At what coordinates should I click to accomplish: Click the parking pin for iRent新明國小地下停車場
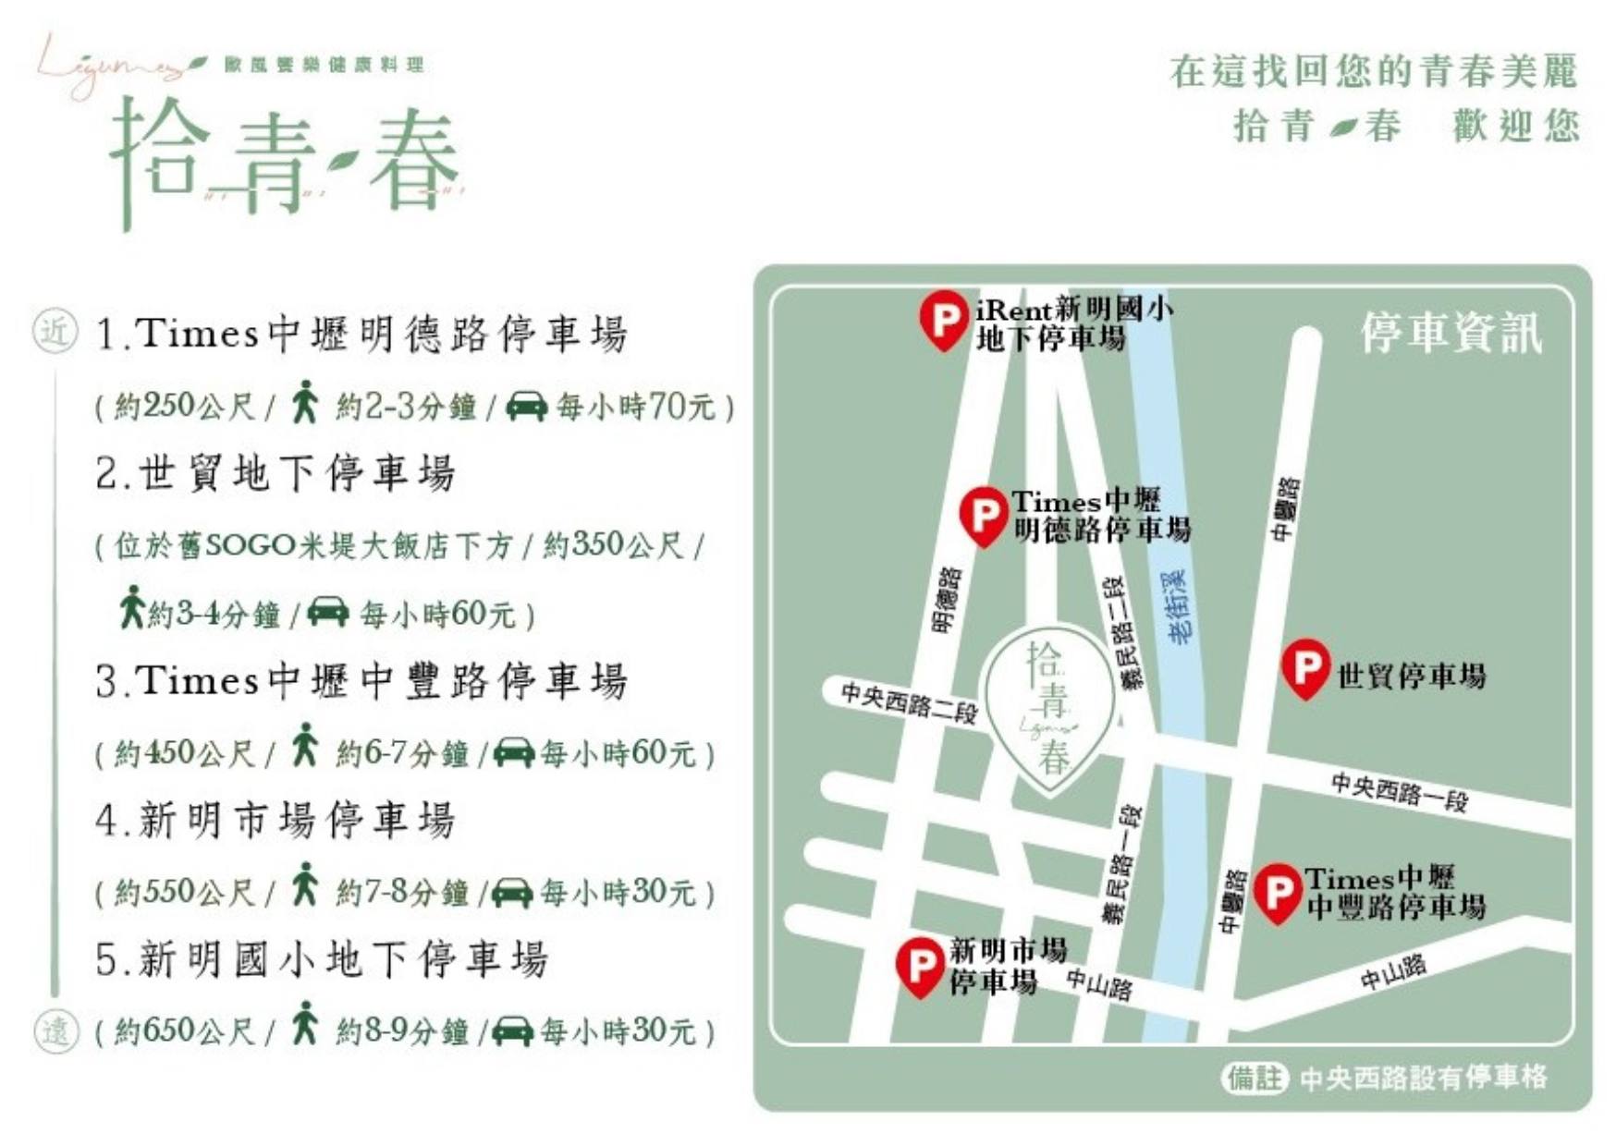(x=944, y=319)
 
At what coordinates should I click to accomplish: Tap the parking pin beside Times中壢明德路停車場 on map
(x=983, y=515)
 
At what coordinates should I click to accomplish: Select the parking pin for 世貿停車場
(x=1305, y=666)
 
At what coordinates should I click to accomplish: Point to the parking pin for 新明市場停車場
(x=920, y=966)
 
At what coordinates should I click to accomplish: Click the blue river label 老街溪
(x=1177, y=606)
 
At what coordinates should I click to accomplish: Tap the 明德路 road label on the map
(x=948, y=600)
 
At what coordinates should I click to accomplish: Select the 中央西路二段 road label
(x=909, y=702)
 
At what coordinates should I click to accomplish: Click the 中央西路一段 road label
(x=1399, y=791)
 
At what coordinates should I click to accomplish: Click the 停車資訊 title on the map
(x=1451, y=334)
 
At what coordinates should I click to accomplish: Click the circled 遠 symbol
(x=55, y=1029)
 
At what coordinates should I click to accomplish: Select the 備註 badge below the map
(x=1255, y=1077)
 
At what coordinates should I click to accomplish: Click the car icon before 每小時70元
(x=526, y=406)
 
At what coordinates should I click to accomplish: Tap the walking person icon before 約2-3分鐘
(x=304, y=404)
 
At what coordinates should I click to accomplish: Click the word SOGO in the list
(x=249, y=545)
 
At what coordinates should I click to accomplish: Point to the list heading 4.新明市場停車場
(x=275, y=820)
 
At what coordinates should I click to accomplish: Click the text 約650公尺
(x=184, y=1030)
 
